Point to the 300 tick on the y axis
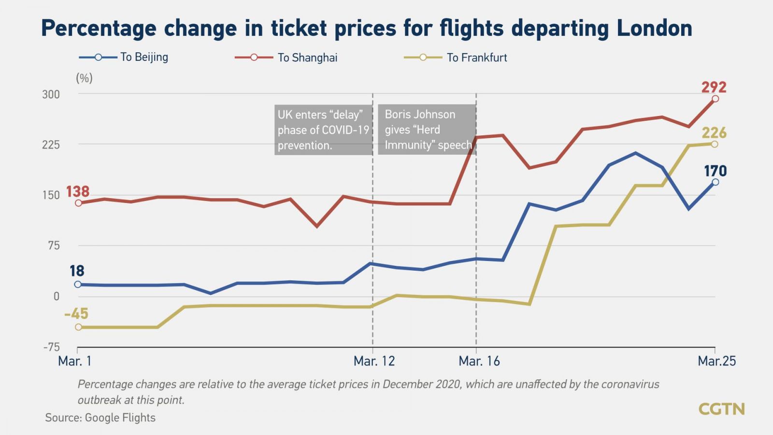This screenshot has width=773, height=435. (51, 94)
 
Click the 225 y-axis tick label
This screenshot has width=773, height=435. (51, 145)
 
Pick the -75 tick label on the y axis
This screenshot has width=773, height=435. (51, 347)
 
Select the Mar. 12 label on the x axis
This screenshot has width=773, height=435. (374, 361)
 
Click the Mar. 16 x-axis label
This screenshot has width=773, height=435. (479, 361)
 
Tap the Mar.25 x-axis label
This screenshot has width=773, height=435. (716, 361)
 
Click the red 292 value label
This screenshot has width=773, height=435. (714, 87)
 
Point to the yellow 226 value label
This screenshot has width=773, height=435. (714, 133)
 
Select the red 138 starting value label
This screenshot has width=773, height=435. (77, 191)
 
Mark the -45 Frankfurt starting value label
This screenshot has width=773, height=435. (76, 314)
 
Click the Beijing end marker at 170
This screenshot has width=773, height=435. (715, 182)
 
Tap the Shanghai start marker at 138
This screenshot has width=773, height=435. (78, 203)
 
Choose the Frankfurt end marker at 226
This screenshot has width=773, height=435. (715, 144)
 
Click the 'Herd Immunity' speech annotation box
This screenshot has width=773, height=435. (427, 130)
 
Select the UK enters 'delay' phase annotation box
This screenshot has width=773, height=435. (323, 130)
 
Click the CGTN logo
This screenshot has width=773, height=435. (721, 409)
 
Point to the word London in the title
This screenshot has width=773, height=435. (654, 28)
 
